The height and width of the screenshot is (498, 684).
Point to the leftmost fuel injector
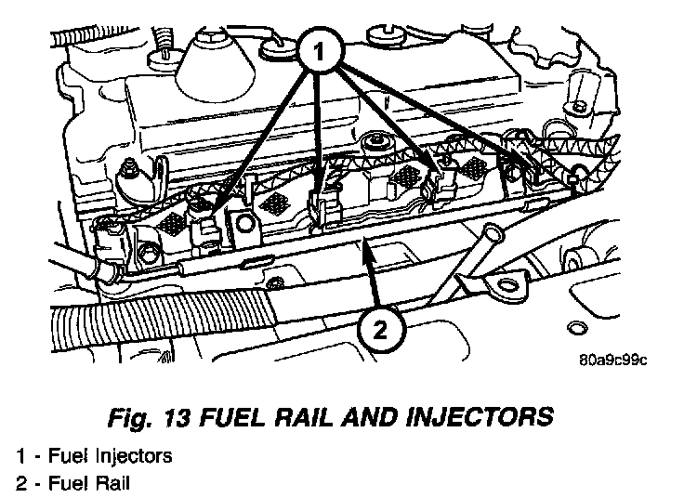pos(210,229)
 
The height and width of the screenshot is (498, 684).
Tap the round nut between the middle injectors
pos(376,144)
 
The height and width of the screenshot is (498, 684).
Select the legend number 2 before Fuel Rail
pos(21,482)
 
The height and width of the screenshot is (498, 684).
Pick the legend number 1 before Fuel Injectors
pos(21,456)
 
